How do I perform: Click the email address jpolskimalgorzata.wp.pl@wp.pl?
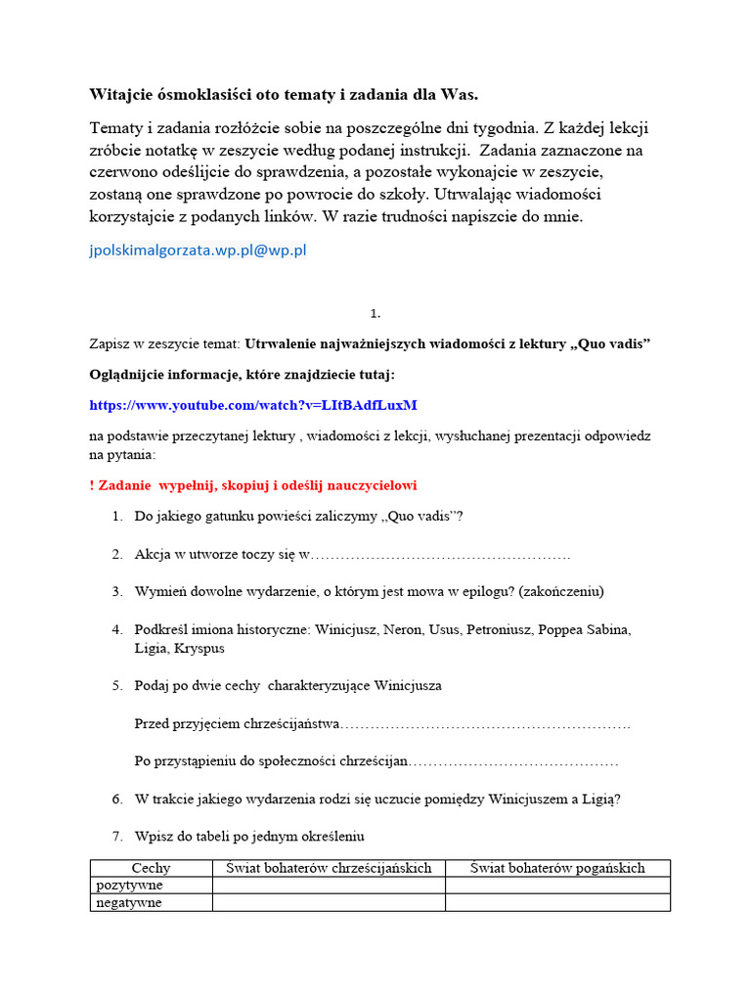198,250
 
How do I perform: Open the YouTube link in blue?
253,404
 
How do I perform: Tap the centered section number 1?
375,314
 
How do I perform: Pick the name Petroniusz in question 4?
486,630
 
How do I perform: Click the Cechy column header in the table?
151,868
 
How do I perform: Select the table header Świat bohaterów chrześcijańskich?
329,868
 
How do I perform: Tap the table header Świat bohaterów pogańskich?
557,868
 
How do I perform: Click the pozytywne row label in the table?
129,886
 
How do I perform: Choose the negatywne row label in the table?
129,903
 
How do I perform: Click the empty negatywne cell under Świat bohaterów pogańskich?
557,903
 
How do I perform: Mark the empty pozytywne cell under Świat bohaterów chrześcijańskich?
329,886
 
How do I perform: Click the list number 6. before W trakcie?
116,798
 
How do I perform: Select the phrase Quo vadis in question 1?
420,517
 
